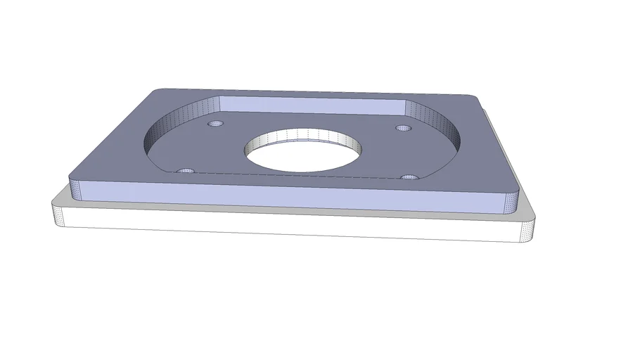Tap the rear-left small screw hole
click(x=215, y=124)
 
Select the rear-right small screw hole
click(x=403, y=128)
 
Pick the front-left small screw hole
click(x=186, y=171)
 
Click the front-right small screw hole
click(x=410, y=176)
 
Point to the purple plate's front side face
click(x=295, y=195)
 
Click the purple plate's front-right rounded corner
click(x=512, y=201)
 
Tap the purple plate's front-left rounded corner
click(x=75, y=186)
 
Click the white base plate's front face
click(x=295, y=225)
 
